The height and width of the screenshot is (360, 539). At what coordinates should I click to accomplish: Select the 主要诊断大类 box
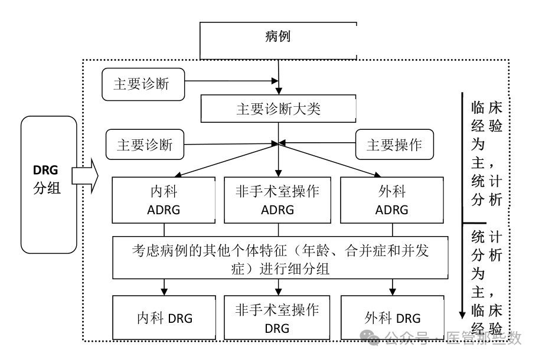pos(278,109)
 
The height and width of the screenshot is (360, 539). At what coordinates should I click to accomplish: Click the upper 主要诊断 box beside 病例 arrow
pos(142,84)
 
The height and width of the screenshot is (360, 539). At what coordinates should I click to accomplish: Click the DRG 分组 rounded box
pos(50,185)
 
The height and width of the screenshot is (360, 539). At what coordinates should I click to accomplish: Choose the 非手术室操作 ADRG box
pos(278,201)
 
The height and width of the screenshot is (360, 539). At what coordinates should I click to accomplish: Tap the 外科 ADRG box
pos(393,201)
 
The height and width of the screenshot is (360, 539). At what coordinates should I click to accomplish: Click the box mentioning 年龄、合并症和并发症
pos(278,258)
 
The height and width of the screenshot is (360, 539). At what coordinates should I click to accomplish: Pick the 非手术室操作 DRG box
pos(278,318)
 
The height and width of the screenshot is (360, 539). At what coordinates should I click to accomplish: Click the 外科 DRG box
pos(393,318)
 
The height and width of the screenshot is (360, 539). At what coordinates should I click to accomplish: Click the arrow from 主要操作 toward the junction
pos(319,143)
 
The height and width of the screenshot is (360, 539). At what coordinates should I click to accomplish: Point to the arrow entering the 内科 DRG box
pos(165,287)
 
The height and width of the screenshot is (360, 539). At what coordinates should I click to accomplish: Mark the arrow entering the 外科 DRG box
pos(393,287)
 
